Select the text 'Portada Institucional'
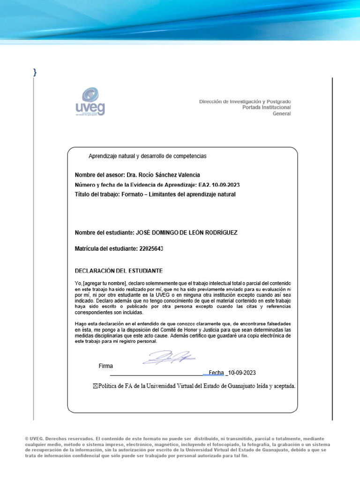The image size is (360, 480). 266,107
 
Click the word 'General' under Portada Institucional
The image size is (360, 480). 282,113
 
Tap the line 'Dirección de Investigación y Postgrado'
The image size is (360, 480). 245,101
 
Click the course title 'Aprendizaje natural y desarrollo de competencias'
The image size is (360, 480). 148,156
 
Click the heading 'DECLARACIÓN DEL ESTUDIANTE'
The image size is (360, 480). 119,271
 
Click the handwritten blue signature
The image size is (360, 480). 169,359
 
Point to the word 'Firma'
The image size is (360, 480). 105,366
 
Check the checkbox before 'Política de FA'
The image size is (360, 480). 97,386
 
